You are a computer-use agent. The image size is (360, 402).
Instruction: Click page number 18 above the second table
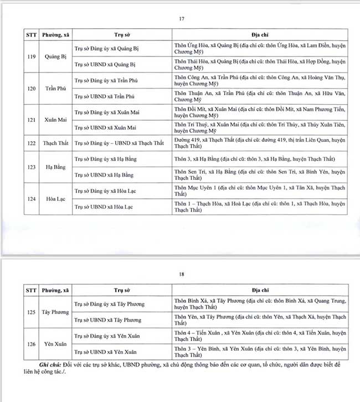181,274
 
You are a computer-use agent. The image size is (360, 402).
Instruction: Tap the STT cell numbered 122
31,143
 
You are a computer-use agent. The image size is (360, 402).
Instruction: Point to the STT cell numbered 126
31,344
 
